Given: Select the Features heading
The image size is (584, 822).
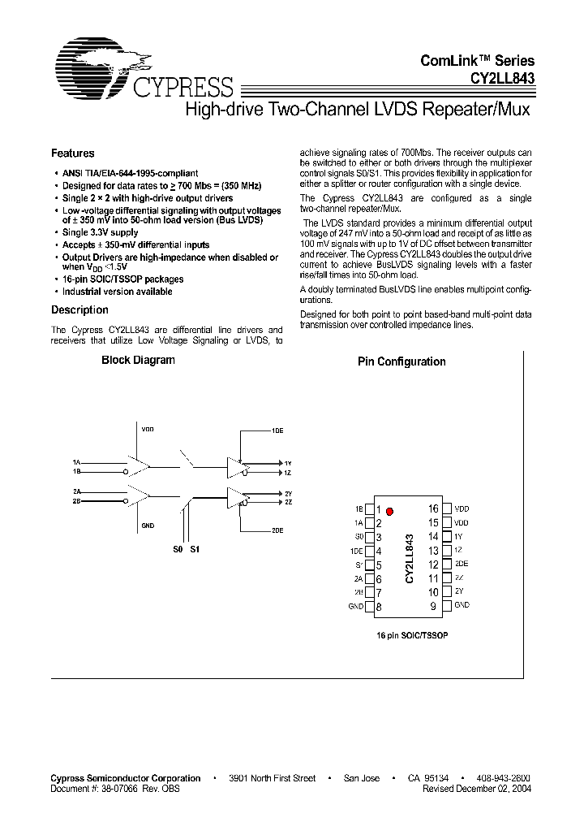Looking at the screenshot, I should pyautogui.click(x=73, y=154).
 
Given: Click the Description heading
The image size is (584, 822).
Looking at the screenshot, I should pyautogui.click(x=79, y=310).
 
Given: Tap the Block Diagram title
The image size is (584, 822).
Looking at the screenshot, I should pyautogui.click(x=138, y=361).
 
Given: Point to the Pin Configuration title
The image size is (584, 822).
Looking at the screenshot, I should pyautogui.click(x=401, y=362).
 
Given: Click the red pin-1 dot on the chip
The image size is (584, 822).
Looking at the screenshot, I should pyautogui.click(x=390, y=511).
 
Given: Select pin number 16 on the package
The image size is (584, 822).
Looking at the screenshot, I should pyautogui.click(x=433, y=509).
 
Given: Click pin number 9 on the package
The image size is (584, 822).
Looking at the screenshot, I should pyautogui.click(x=433, y=606).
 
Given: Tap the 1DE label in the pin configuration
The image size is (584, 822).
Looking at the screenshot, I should pyautogui.click(x=357, y=552).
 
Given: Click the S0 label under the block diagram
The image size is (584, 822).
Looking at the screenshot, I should pyautogui.click(x=178, y=550).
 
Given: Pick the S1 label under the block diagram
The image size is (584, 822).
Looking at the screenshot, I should pyautogui.click(x=194, y=550).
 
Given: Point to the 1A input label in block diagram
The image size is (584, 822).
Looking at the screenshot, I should pyautogui.click(x=75, y=461).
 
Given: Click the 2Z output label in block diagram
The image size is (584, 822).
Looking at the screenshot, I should pyautogui.click(x=288, y=503).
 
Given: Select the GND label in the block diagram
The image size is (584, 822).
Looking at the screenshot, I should pyautogui.click(x=148, y=526).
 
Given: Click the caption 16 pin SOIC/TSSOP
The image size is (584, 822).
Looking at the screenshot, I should pyautogui.click(x=412, y=634).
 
